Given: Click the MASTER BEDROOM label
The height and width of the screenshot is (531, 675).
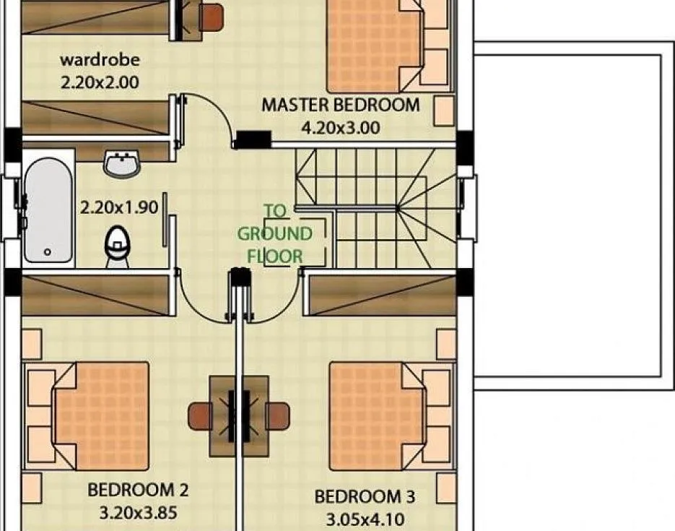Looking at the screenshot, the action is click(x=341, y=105).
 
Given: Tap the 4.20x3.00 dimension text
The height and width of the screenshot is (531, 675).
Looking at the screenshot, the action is click(x=341, y=128).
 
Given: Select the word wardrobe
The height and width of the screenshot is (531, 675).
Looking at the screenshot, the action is click(x=100, y=59).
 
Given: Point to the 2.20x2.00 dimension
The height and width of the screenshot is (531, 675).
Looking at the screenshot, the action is click(x=100, y=82).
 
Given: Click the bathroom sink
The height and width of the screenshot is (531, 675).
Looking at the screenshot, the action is click(x=122, y=164).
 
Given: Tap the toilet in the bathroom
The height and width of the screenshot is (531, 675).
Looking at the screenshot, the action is click(x=117, y=247).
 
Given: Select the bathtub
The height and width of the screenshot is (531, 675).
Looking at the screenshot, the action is click(x=48, y=210).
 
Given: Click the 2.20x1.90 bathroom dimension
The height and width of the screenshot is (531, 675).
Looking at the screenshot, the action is click(x=119, y=207).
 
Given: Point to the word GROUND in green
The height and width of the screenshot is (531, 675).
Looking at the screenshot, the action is click(x=274, y=234).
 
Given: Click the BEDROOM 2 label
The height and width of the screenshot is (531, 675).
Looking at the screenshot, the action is click(x=138, y=490).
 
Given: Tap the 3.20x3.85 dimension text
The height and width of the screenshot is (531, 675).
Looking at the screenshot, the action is click(x=138, y=513).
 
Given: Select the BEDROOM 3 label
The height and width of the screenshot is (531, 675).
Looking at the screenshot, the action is click(x=365, y=496).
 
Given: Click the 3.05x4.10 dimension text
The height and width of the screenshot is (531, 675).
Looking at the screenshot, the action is click(x=365, y=520).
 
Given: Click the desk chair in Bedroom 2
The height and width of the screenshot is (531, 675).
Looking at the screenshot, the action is click(x=200, y=416).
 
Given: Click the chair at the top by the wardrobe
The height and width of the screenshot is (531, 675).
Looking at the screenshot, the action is click(x=211, y=17).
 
